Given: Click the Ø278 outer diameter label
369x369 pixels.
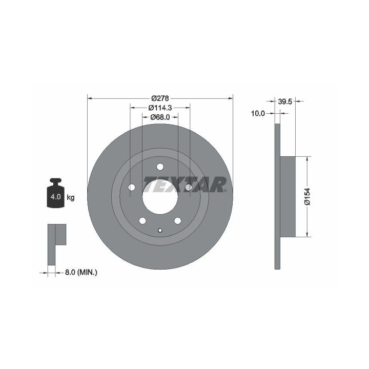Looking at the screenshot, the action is tap(160, 98).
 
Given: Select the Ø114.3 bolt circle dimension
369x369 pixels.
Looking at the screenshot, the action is tap(160, 108).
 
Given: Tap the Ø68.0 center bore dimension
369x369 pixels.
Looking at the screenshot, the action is tap(160, 117).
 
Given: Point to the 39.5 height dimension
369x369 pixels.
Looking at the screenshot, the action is tap(285, 101).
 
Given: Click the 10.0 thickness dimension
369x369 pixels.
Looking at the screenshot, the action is tap(258, 113).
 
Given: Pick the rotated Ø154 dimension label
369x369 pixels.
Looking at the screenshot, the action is tap(307, 196).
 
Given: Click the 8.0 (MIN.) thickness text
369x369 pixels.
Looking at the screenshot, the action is tap(81, 273).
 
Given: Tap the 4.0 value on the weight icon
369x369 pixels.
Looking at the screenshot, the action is tap(55, 196).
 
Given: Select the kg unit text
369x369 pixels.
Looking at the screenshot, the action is tap(71, 197).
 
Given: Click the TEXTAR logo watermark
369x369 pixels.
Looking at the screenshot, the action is tap(185, 184).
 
